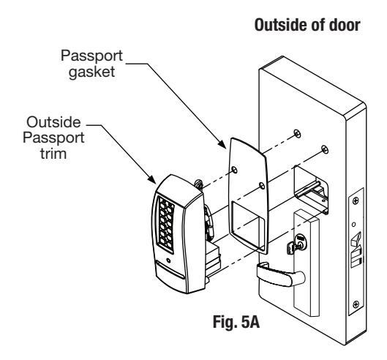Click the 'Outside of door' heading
(307, 25)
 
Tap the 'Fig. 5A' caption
(236, 322)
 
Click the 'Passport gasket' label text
(91, 64)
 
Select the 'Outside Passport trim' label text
(53, 138)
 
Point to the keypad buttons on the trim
(165, 225)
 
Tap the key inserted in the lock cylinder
(292, 247)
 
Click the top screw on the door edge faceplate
(356, 200)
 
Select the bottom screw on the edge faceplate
(356, 304)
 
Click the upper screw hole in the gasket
(234, 170)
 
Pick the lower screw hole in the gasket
(262, 186)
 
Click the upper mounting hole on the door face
(298, 134)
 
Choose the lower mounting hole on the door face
(325, 149)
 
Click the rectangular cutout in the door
(310, 190)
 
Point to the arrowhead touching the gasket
(222, 144)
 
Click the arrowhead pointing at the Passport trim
(151, 179)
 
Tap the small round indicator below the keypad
(168, 260)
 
